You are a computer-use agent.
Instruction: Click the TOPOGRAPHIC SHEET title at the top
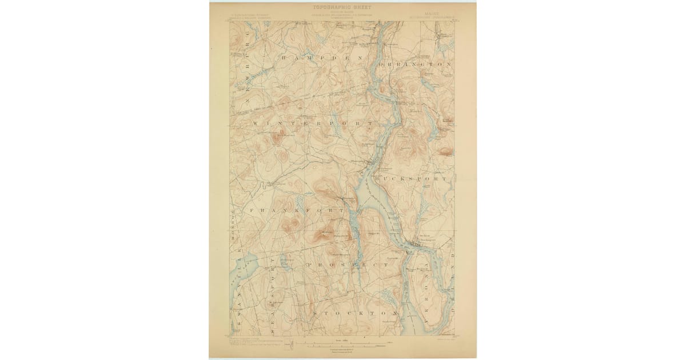(x=342, y=7)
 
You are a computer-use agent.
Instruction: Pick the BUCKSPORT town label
(x=410, y=179)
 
